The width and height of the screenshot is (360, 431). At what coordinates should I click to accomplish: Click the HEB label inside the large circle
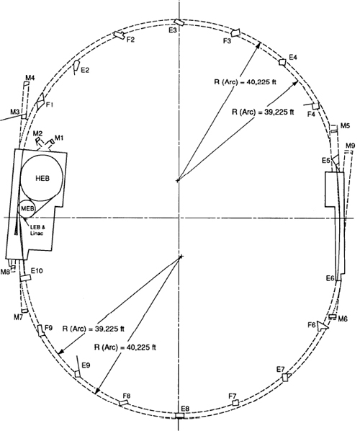point(42,179)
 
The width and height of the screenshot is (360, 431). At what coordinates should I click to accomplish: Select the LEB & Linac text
point(37,231)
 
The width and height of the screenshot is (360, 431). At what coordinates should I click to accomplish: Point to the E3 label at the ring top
point(173,30)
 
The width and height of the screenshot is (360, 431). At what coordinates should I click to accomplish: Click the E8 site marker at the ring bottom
point(180,416)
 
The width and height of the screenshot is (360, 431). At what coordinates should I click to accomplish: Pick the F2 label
point(130,40)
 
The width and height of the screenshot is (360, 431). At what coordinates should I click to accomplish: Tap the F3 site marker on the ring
point(235,32)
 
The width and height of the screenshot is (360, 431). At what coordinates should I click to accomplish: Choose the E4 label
point(293,58)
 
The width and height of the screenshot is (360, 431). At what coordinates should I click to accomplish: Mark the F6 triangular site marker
point(321,326)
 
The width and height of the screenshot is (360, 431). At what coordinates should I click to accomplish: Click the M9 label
point(350,146)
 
